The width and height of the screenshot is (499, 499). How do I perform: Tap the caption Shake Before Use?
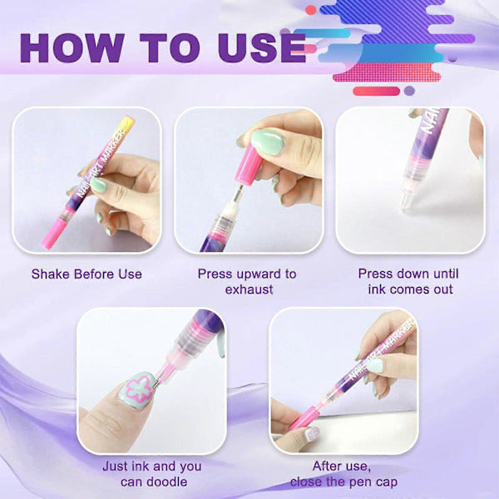[86, 274]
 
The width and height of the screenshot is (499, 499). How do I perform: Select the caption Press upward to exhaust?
[247, 281]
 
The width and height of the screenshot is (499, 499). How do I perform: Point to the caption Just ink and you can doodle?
[151, 474]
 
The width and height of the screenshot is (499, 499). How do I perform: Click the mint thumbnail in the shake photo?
[99, 185]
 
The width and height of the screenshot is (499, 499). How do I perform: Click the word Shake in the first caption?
[50, 274]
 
